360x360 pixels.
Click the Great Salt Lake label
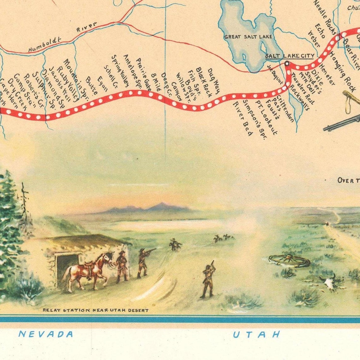point(248,37)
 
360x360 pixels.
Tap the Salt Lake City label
point(289,56)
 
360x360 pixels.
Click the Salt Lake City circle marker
point(287,63)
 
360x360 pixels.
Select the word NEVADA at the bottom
point(46,334)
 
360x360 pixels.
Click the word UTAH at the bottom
point(256,334)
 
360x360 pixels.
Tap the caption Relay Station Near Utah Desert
point(95,310)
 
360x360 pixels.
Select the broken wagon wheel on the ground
point(289,261)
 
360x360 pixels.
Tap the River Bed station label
point(243,118)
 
